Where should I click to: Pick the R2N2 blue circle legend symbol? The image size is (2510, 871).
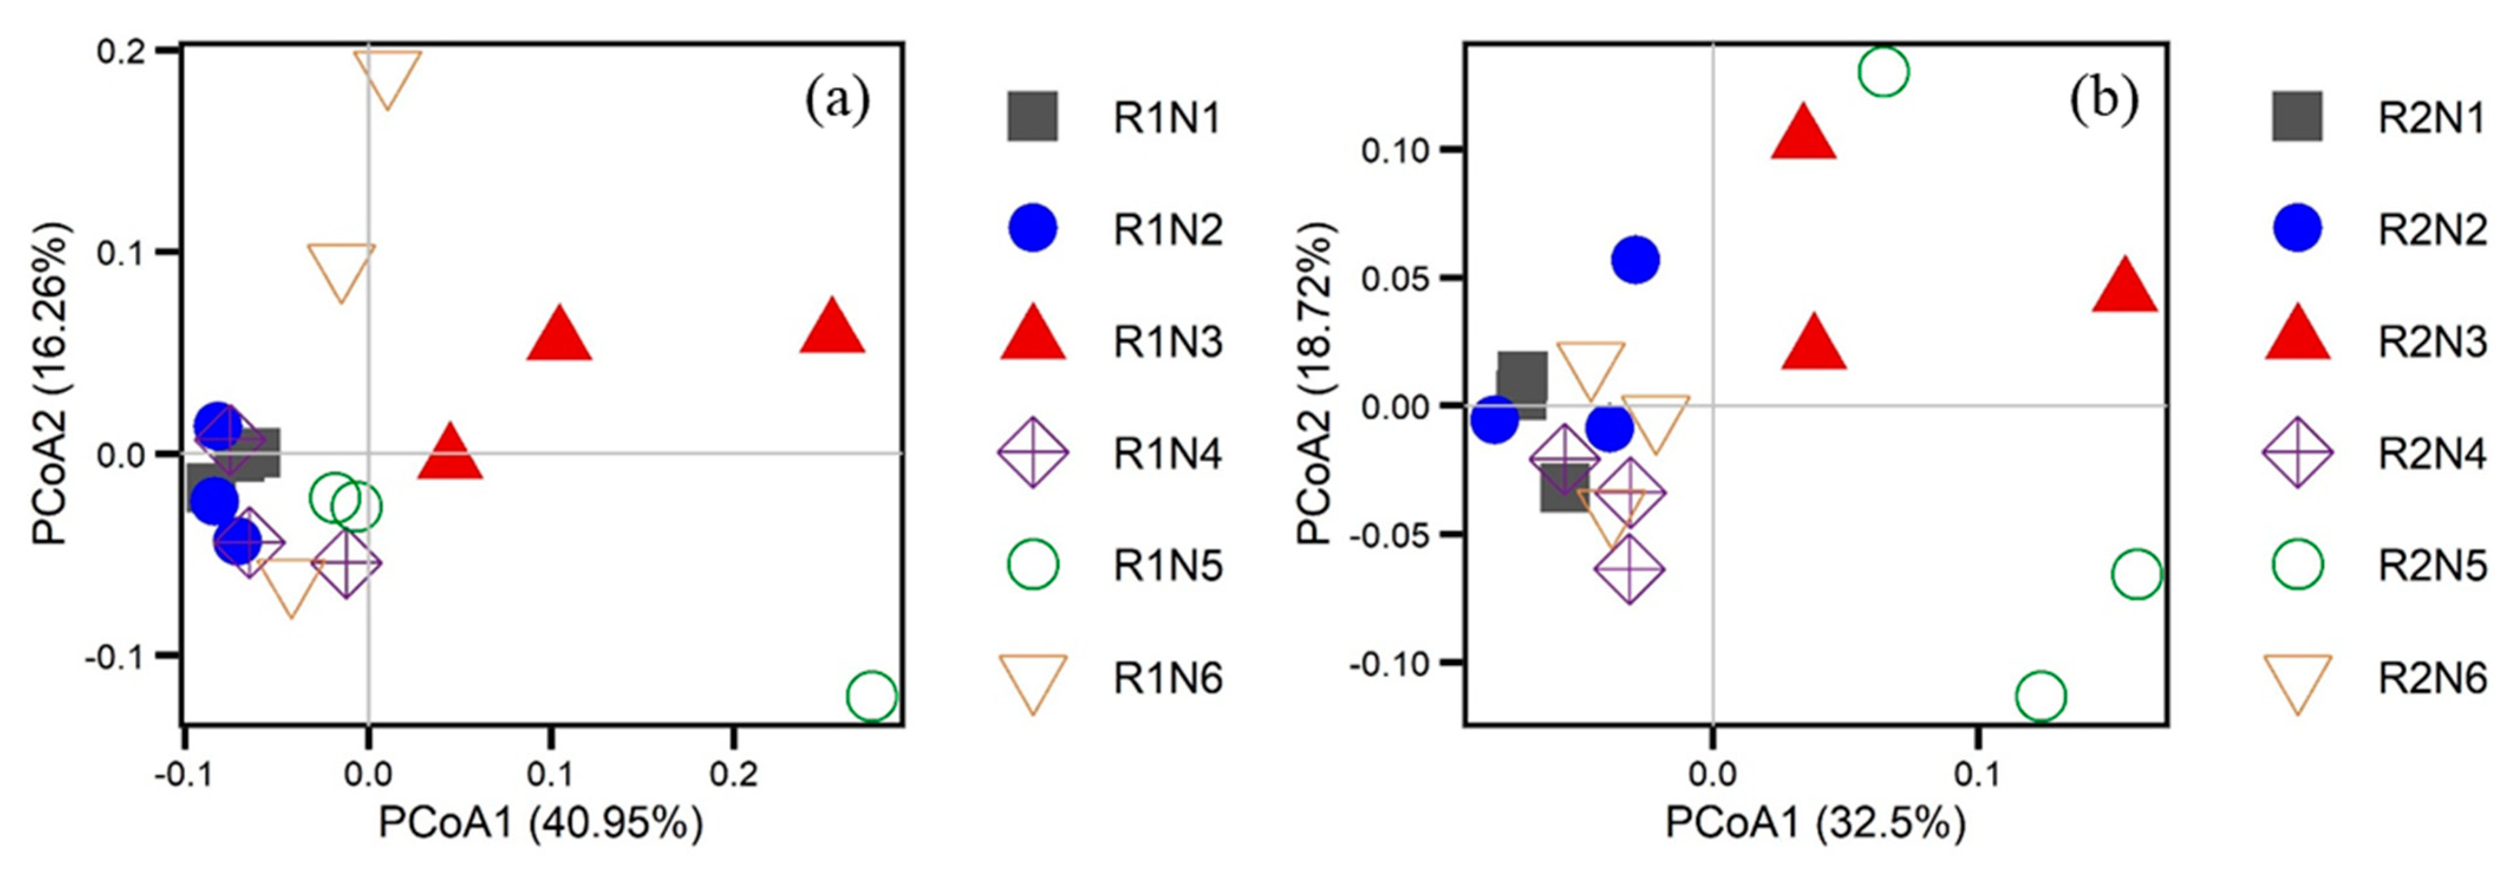click(x=2297, y=229)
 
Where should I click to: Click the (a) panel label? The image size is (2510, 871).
click(x=837, y=102)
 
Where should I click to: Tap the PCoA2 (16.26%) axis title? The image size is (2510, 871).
click(x=51, y=385)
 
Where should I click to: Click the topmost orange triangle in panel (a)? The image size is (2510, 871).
click(x=388, y=76)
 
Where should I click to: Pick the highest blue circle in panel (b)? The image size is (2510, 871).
click(x=1636, y=260)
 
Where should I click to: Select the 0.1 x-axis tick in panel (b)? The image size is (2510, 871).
click(x=1978, y=775)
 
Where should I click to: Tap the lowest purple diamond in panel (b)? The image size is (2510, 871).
click(x=1629, y=569)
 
